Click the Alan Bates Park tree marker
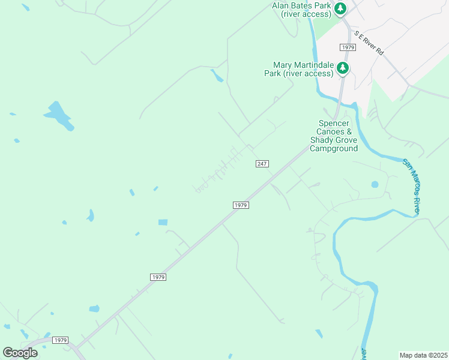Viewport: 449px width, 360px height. point(341,9)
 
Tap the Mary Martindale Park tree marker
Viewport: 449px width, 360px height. point(343,68)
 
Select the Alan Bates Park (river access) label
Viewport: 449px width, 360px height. point(301,10)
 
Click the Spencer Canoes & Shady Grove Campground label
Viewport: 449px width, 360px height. point(334,136)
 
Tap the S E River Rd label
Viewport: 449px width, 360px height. point(368,44)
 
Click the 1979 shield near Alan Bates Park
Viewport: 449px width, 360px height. point(347,47)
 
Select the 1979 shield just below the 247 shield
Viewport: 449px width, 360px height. point(240,205)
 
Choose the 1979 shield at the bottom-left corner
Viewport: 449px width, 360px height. point(61,340)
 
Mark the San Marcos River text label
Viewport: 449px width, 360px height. point(411,187)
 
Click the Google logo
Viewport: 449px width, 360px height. point(20,352)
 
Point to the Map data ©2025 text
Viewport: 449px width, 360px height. point(423,355)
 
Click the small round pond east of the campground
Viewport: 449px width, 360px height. point(376,184)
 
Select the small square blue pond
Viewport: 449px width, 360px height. point(163,223)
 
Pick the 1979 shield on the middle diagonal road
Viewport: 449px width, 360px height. point(157,277)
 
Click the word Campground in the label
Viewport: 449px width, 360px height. point(334,148)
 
